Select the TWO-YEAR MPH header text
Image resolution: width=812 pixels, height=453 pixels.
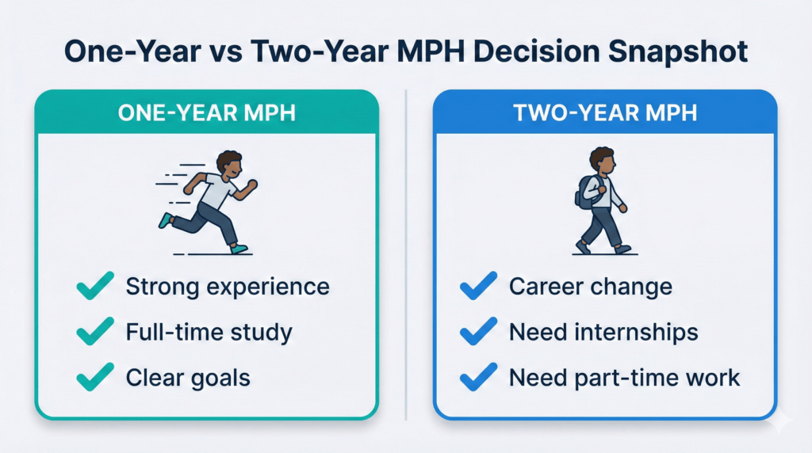click(605, 112)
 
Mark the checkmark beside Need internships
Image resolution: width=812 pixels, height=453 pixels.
click(477, 333)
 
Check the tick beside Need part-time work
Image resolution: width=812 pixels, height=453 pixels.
click(477, 378)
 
